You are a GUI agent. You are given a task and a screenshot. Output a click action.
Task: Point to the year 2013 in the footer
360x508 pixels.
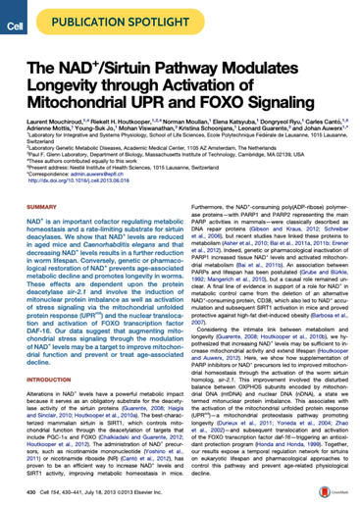(x=110, y=496)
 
